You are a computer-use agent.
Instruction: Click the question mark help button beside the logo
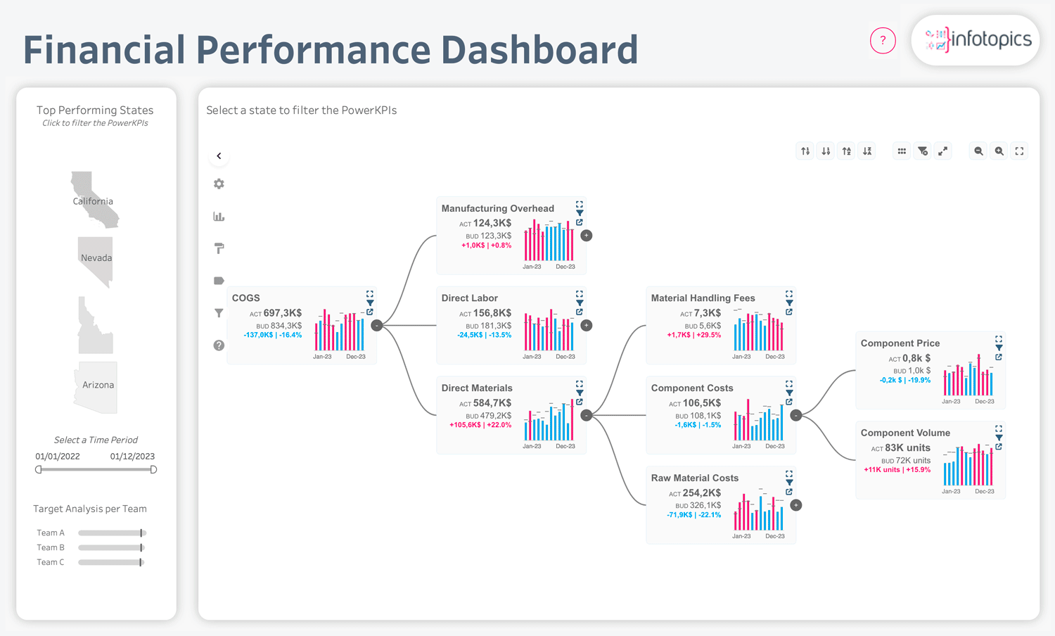(883, 41)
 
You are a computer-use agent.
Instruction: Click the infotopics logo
(976, 40)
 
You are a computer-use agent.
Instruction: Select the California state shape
(94, 200)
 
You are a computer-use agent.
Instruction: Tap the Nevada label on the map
(96, 257)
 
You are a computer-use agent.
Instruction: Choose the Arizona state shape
(96, 387)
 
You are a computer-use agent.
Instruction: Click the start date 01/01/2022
(58, 456)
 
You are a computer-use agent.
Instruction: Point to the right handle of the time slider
(153, 469)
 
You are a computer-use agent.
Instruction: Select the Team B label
(51, 547)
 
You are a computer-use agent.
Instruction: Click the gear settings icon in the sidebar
(219, 184)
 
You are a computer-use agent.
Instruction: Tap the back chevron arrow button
(219, 156)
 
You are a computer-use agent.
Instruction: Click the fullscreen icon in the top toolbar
(1019, 151)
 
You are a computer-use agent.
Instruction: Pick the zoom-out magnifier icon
(978, 151)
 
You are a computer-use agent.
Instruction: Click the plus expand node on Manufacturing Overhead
(587, 236)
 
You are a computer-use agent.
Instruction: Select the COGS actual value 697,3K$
(283, 313)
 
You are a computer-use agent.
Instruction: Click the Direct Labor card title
(470, 298)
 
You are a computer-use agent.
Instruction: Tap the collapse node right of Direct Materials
(587, 415)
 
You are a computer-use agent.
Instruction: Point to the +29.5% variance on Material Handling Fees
(709, 335)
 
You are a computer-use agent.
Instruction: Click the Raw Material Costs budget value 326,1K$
(705, 505)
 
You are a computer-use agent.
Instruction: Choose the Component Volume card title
(905, 433)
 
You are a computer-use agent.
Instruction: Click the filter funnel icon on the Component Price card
(999, 348)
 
